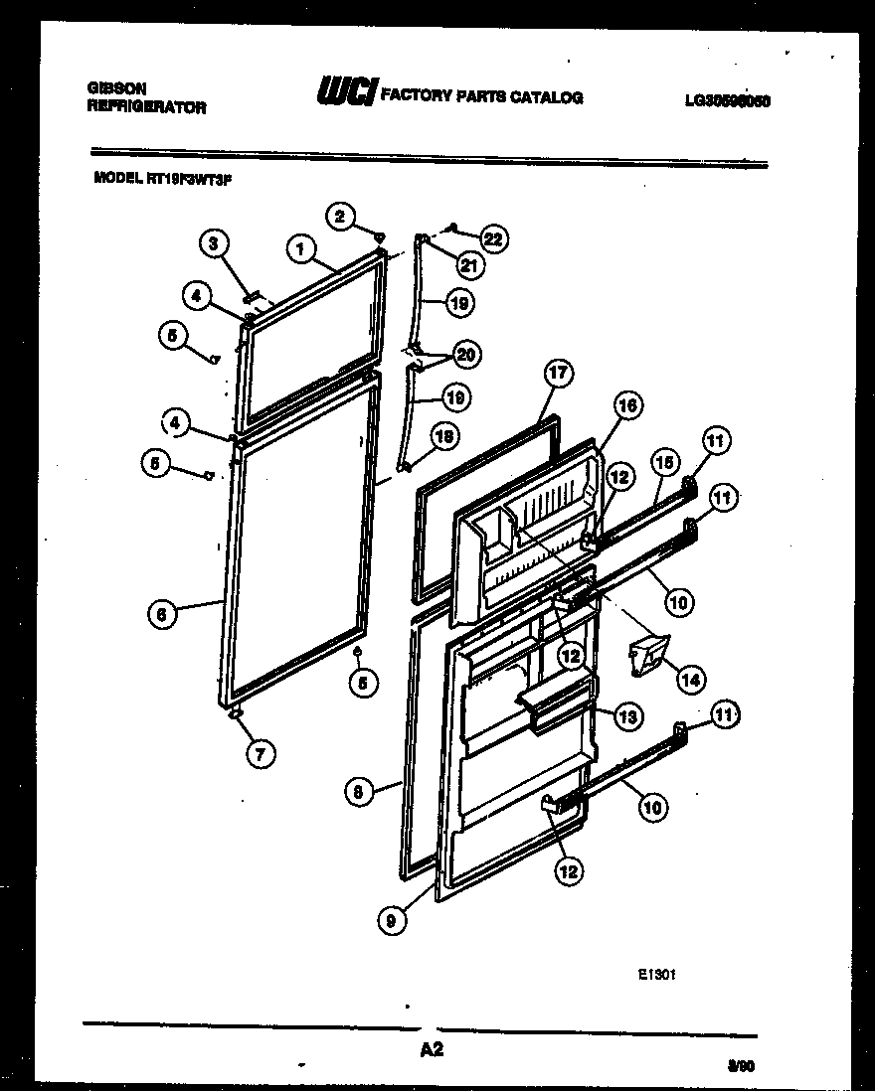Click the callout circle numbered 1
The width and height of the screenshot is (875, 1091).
[x=299, y=248]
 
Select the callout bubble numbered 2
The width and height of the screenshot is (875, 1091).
[x=341, y=216]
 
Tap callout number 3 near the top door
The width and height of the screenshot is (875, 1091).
[x=213, y=242]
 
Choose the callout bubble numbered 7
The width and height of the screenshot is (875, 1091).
[x=260, y=753]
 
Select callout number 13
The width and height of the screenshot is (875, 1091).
[x=627, y=716]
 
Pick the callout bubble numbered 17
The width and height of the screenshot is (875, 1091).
[x=559, y=375]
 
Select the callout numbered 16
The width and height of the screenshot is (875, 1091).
[x=626, y=405]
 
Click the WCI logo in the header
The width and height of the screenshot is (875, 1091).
[x=345, y=93]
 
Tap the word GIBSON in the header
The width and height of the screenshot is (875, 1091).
[x=110, y=88]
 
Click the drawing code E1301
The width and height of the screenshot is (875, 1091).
[x=657, y=975]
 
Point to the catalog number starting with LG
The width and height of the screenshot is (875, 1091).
[x=728, y=100]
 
